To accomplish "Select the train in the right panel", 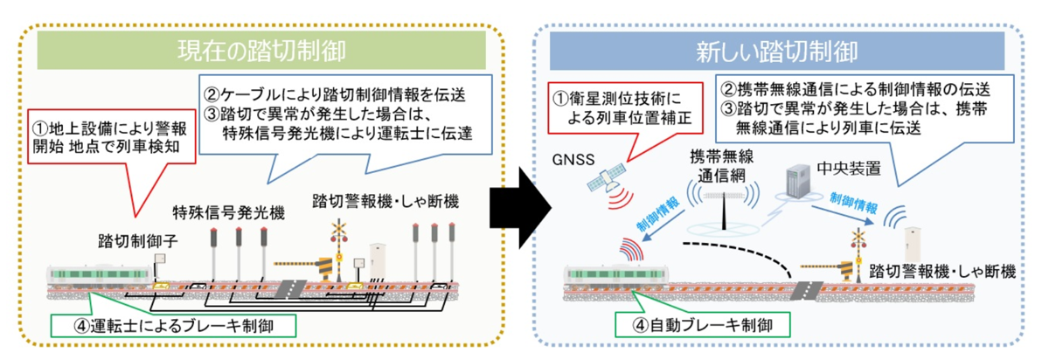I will click(x=611, y=277).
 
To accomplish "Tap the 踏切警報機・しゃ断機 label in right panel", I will click(x=941, y=273).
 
